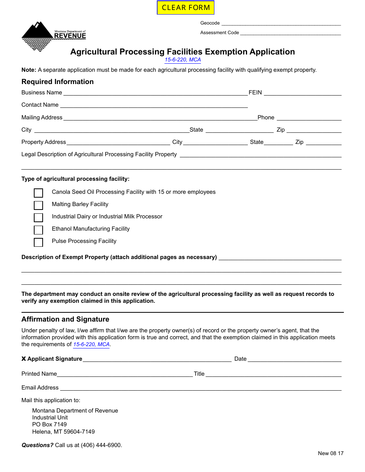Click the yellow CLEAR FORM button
[186, 8]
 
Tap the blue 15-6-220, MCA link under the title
[183, 60]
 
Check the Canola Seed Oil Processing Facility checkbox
[38, 193]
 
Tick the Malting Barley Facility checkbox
[38, 205]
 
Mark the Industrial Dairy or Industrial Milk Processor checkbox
[38, 218]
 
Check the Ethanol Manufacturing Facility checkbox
[38, 230]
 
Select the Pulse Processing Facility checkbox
[38, 242]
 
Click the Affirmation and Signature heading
[65, 319]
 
